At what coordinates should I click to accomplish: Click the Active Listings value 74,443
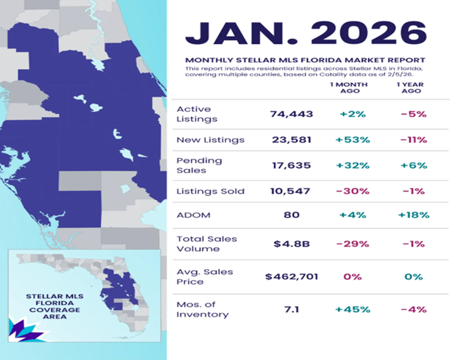point(291,114)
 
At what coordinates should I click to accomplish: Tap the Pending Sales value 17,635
point(291,165)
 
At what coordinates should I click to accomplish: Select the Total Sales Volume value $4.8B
point(291,244)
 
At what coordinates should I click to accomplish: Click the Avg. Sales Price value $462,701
point(291,276)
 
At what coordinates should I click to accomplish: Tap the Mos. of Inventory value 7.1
point(291,309)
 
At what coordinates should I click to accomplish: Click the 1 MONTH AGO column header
point(350,88)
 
